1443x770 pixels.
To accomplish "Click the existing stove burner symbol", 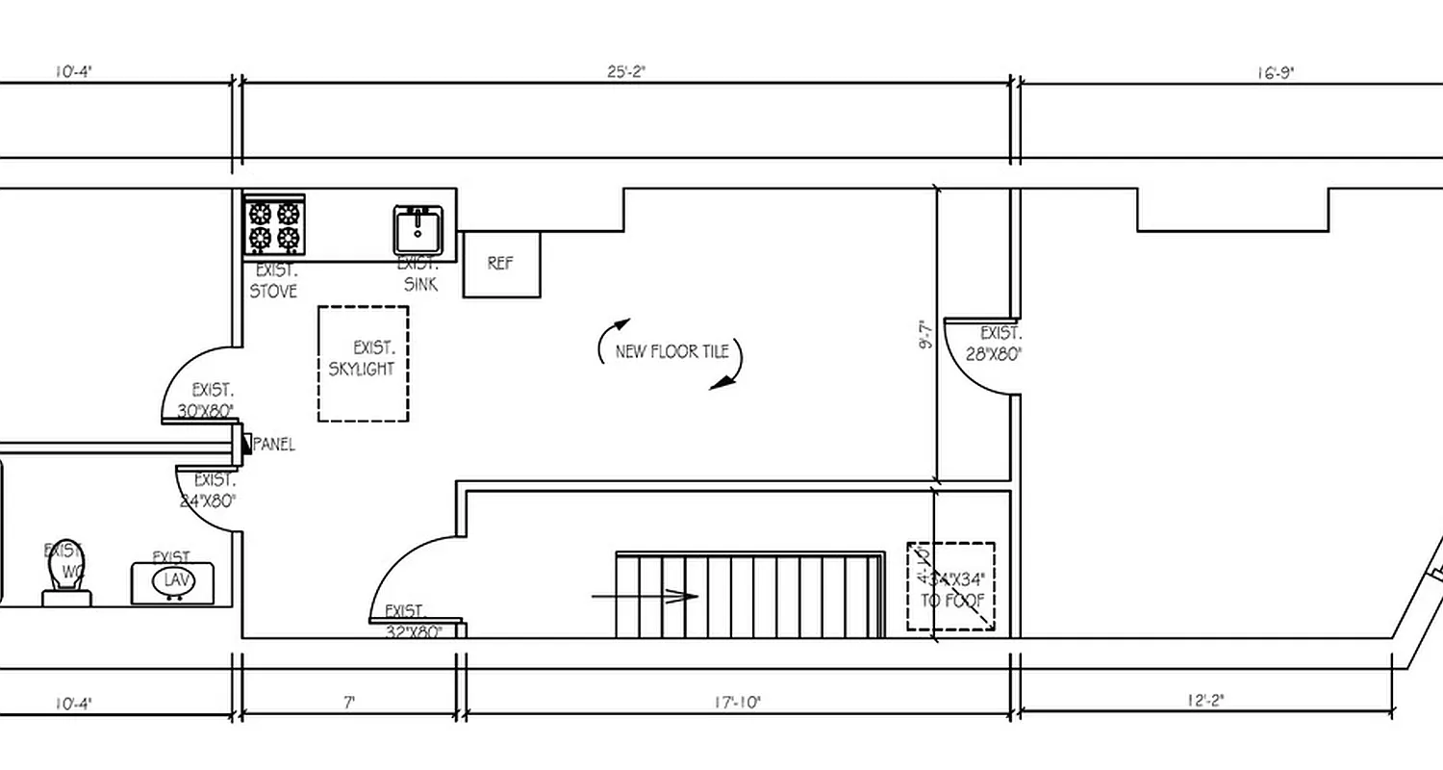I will tap(274, 225).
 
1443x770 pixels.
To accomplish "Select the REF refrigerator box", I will tap(501, 264).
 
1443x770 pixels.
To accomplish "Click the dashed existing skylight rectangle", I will tap(363, 363).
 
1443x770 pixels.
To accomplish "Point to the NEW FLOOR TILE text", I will tap(671, 351).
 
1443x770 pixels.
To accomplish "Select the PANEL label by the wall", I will tap(273, 446).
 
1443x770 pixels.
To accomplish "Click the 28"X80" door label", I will tap(994, 353).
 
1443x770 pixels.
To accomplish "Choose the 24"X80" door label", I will tap(208, 500).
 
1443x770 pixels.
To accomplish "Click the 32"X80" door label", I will tap(413, 632).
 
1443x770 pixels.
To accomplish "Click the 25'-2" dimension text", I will tap(626, 71).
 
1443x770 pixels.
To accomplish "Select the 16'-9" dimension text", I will tap(1275, 72).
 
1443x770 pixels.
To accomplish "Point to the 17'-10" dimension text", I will tap(738, 703).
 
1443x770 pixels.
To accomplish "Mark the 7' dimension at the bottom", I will tap(349, 703).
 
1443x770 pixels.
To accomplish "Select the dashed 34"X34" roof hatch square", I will tap(950, 586).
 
